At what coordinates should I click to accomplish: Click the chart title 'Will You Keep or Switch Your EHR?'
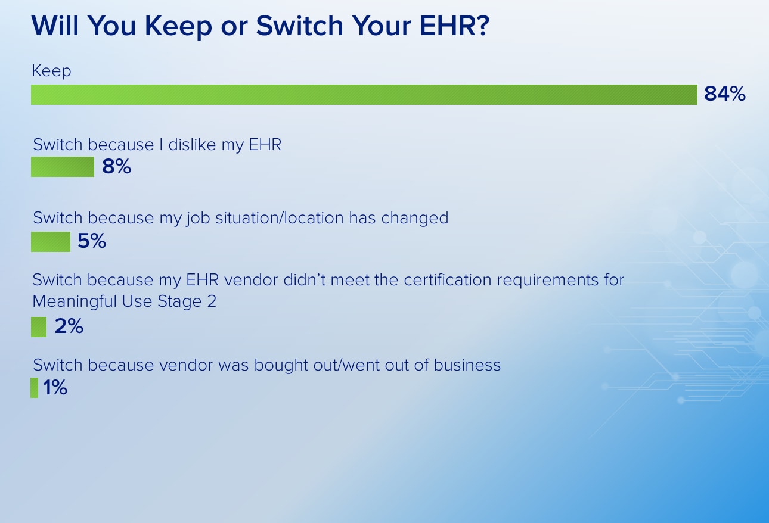261,26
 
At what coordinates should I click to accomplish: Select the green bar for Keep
364,95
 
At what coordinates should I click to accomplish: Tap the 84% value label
725,94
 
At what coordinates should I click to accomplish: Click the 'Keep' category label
51,71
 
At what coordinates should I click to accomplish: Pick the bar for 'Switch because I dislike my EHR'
63,167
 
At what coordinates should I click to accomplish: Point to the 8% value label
116,166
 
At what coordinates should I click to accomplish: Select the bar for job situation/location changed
51,242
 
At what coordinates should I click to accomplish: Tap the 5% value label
92,241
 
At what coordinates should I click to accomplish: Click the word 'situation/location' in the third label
280,218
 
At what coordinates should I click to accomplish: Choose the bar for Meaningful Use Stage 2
39,327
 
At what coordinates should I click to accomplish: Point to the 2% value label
69,326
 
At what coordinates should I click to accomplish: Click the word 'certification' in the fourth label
448,280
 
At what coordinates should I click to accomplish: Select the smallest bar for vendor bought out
35,388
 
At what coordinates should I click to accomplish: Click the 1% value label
55,388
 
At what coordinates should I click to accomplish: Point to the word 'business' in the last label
467,365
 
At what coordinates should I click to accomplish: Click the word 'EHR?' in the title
454,26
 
